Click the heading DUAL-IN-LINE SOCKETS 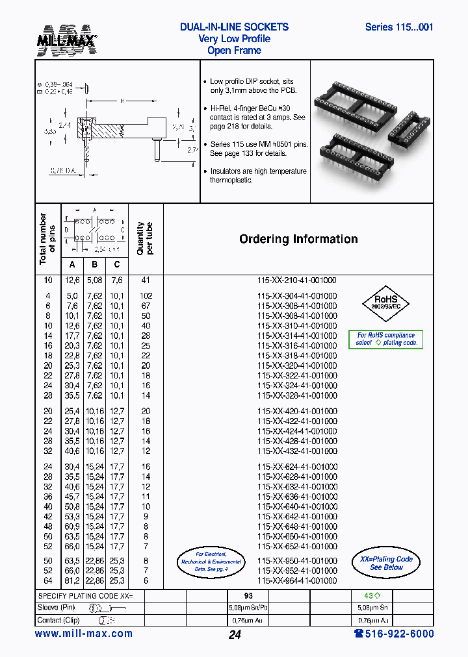(234, 27)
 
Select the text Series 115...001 (398, 27)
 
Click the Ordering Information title (298, 239)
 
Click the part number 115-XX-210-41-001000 (297, 280)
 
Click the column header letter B (95, 264)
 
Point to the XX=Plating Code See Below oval (386, 563)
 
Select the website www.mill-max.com (83, 634)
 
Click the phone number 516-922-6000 (393, 634)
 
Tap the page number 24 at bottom (235, 635)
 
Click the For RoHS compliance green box (386, 340)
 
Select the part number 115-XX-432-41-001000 (297, 451)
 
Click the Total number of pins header (47, 239)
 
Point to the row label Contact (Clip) (59, 620)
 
